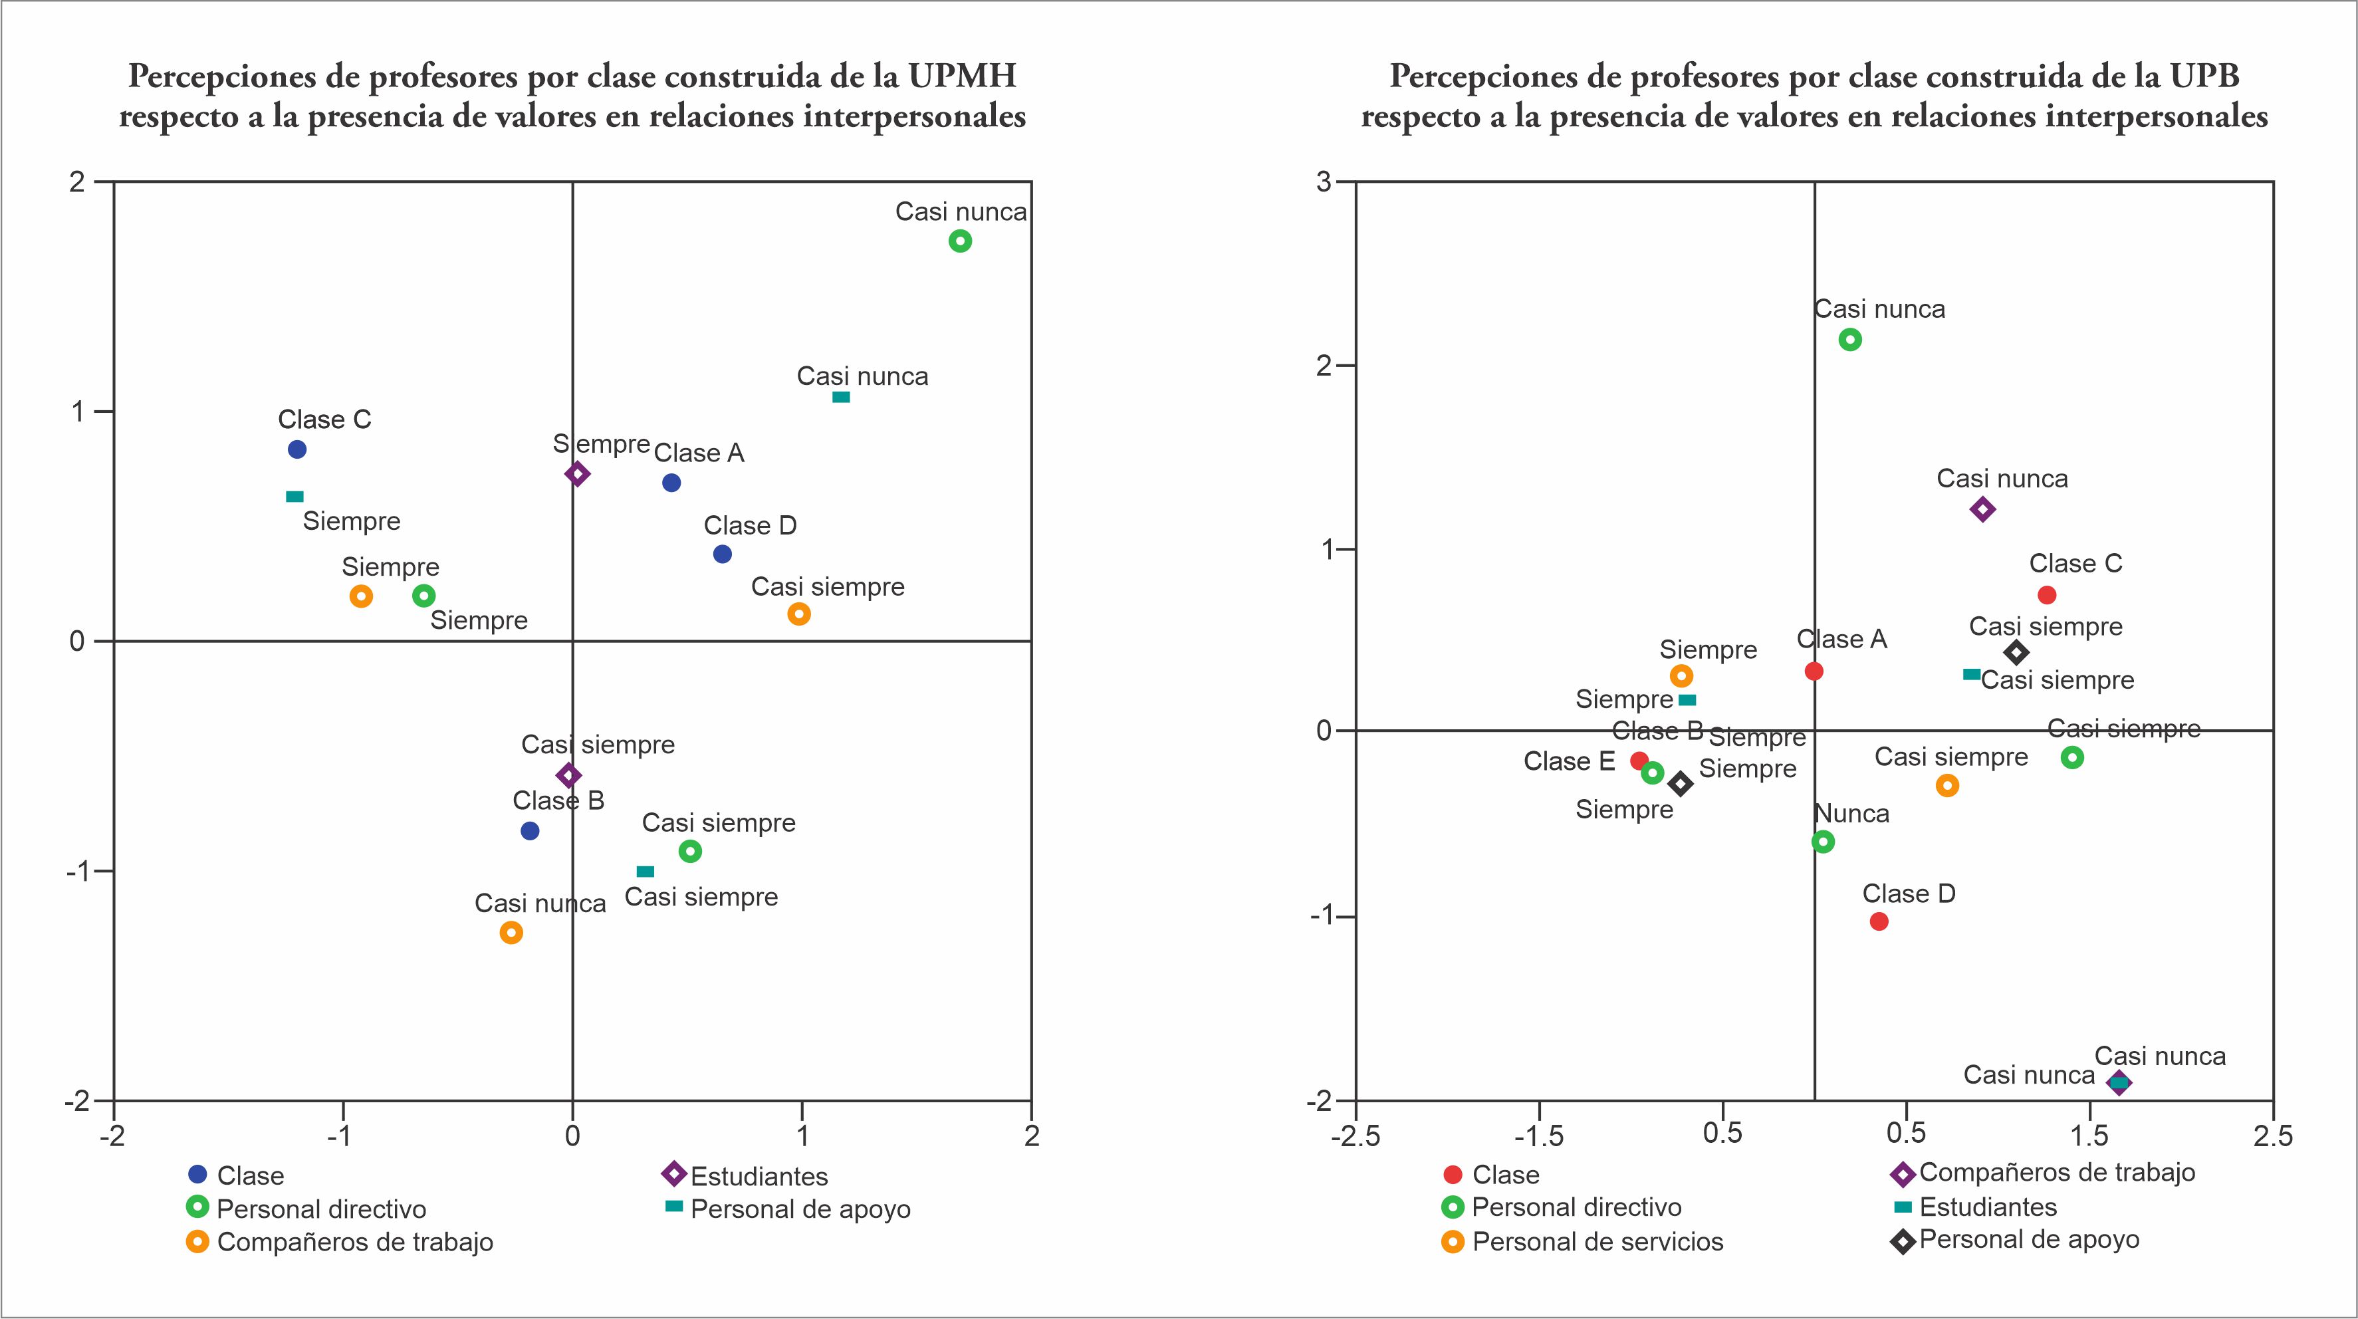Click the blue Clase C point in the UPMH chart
click(296, 449)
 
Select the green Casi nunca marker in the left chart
click(959, 241)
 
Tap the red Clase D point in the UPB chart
click(1878, 921)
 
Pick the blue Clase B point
click(529, 831)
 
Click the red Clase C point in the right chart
click(2047, 595)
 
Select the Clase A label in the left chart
click(699, 453)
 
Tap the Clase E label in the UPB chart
click(1568, 762)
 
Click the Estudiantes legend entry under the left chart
click(758, 1176)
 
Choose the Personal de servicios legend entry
click(1597, 1242)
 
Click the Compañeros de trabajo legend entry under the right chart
click(2056, 1173)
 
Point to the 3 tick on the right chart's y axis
click(1324, 182)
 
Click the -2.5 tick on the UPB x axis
click(1355, 1136)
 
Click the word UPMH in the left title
click(962, 76)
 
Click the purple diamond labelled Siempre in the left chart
click(576, 474)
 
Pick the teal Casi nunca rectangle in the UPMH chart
click(840, 398)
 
